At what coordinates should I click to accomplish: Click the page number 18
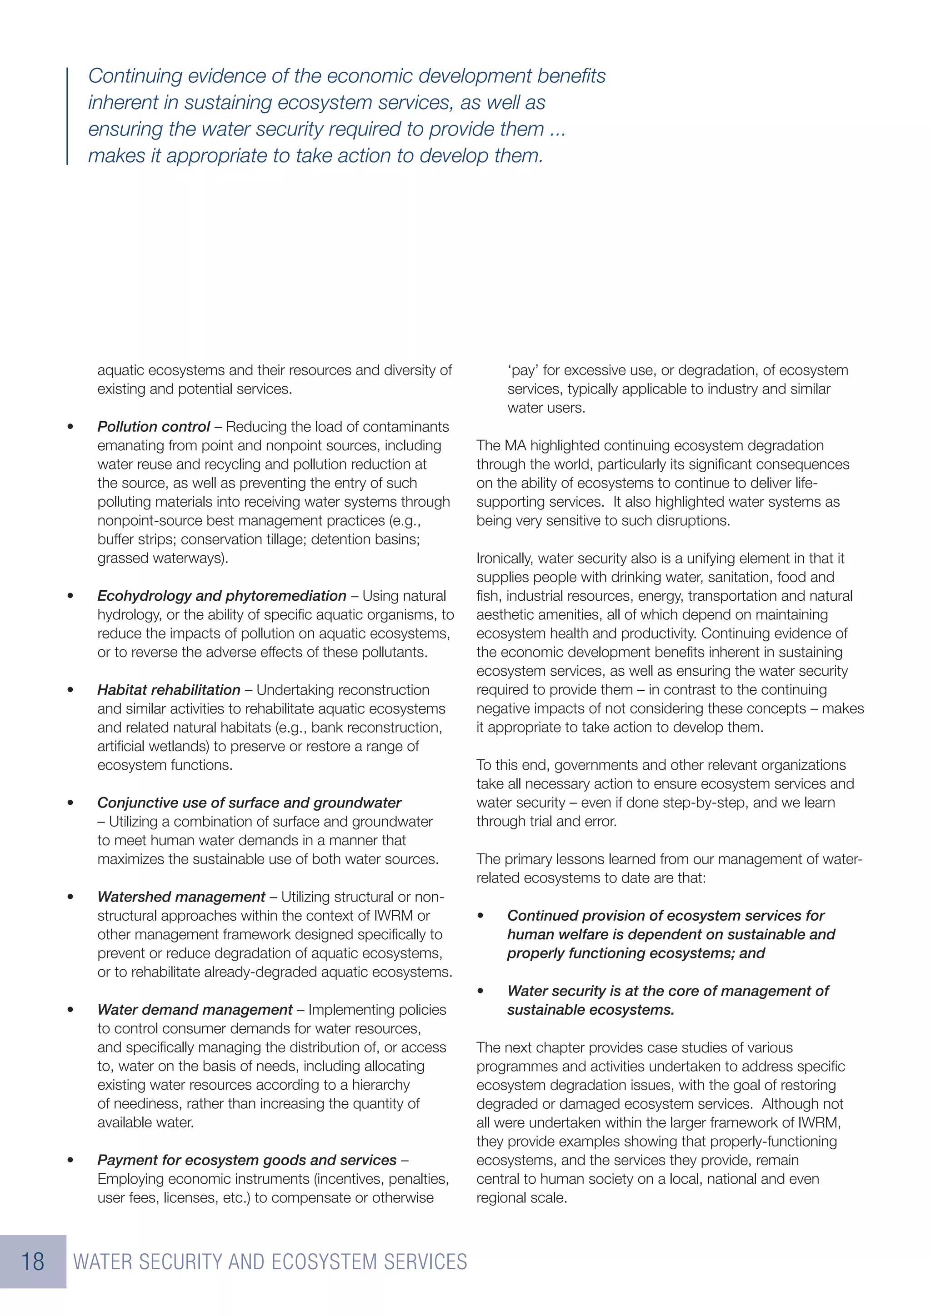click(33, 1261)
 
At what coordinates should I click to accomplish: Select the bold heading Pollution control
click(153, 427)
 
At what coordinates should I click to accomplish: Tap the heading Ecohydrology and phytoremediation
click(221, 596)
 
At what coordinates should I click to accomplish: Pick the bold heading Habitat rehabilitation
click(169, 690)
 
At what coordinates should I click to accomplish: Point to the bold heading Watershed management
click(181, 897)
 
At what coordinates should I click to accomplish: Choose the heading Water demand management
click(195, 1010)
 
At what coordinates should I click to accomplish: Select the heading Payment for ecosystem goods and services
click(246, 1160)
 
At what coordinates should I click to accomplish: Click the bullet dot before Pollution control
click(70, 428)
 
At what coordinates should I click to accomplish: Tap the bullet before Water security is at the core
click(481, 992)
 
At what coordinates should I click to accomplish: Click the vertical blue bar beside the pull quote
click(68, 116)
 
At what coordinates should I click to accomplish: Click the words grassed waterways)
click(162, 559)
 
